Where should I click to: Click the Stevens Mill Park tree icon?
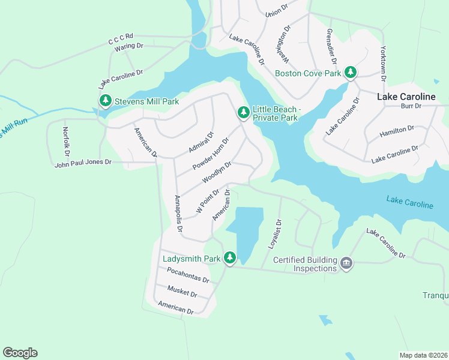106,101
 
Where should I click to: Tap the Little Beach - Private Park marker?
243,112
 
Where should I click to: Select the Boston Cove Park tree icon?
351,73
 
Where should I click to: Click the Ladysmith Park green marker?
229,258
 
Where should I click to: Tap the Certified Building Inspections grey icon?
346,263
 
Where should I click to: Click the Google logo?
20,353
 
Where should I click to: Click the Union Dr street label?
273,11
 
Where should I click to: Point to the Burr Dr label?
411,106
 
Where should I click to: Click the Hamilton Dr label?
397,131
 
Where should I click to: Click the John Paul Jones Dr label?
83,162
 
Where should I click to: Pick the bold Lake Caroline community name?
406,96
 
